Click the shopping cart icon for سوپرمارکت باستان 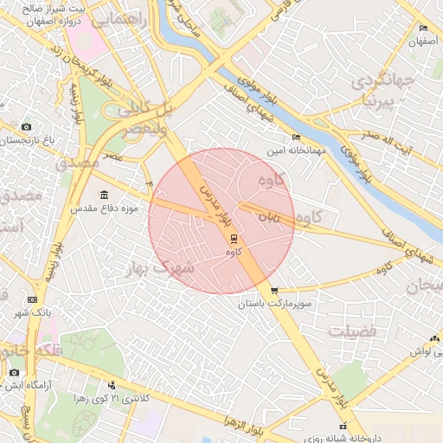click(x=274, y=291)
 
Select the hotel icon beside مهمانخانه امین click(x=297, y=137)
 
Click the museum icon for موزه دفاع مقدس click(x=105, y=194)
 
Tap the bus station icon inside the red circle click(x=233, y=238)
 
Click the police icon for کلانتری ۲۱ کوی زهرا click(x=112, y=385)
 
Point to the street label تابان click(x=273, y=219)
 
